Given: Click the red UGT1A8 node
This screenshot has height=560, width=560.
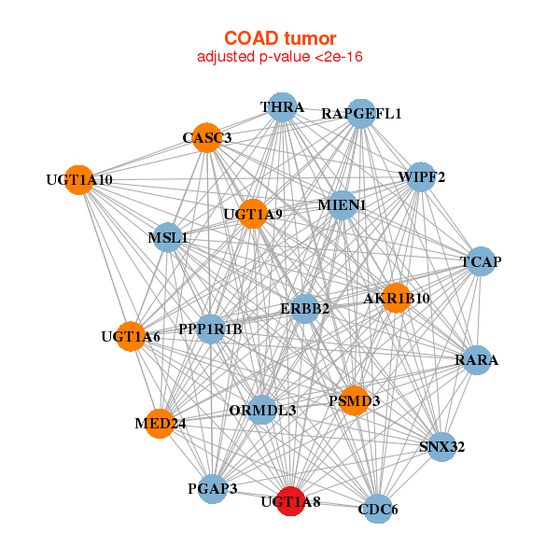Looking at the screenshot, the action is (291, 501).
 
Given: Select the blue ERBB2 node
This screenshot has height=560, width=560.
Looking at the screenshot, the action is (304, 309).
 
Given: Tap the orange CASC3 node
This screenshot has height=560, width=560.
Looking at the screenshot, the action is (207, 137).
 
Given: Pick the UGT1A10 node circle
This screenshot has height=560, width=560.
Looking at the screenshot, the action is (79, 180).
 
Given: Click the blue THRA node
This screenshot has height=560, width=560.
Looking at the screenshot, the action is (282, 107).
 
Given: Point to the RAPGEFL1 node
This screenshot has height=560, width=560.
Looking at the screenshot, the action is (361, 114).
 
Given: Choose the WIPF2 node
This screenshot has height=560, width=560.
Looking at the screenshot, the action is (422, 176).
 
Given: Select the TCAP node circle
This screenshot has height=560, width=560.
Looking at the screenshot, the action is (481, 261).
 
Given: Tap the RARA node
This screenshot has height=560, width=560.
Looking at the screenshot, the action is (477, 360).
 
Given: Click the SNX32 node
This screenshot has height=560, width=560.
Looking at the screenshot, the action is (442, 447).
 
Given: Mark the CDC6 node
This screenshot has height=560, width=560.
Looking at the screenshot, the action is (378, 509).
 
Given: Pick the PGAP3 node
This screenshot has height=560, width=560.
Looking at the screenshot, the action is (213, 488).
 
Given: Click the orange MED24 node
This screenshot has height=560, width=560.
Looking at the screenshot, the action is (160, 424).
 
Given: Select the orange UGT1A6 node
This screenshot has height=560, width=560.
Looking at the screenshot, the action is (131, 336).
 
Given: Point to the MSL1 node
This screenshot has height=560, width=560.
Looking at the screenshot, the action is (168, 237).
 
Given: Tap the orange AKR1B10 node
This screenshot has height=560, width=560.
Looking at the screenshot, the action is (397, 299).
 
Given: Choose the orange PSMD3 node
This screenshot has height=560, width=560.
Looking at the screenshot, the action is (355, 400).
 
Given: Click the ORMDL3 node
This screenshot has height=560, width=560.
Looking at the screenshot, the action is (262, 410).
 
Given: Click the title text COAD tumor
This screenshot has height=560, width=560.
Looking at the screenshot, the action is (280, 38).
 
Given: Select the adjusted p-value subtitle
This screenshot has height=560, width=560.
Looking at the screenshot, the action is (280, 57).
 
